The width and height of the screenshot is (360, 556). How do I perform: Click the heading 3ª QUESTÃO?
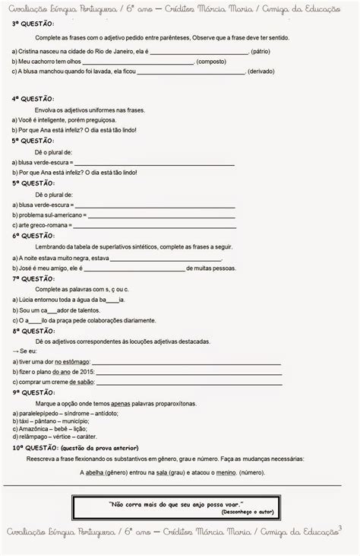click(33, 24)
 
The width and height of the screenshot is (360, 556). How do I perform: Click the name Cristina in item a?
click(32, 51)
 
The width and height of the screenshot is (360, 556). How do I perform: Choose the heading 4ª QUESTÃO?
click(33, 99)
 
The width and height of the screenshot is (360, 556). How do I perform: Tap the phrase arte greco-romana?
click(43, 226)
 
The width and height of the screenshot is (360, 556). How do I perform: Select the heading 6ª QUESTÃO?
click(33, 236)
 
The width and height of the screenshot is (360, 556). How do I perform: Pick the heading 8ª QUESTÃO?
click(33, 332)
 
